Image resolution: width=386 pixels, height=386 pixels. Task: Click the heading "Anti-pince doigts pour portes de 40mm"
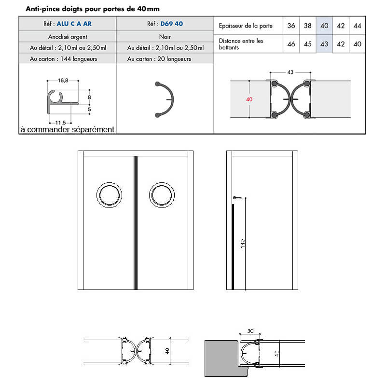point(92,9)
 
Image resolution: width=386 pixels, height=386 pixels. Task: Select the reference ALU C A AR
point(74,24)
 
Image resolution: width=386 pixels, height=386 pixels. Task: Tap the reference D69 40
point(172,24)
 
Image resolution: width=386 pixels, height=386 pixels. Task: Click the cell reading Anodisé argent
point(67,36)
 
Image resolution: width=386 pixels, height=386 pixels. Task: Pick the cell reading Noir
point(165,36)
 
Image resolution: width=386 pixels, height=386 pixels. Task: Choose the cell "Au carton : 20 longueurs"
point(159,59)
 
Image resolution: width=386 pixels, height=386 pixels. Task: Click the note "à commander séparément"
point(67,129)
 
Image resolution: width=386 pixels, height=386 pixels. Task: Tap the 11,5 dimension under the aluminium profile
point(60,123)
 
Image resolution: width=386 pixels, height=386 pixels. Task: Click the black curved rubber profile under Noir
point(166,100)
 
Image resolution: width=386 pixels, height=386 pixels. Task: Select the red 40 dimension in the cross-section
point(249,99)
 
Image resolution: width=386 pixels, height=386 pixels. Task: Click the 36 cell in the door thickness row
point(291,26)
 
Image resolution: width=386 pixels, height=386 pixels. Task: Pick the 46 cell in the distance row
point(291,44)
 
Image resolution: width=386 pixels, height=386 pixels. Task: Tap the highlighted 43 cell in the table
point(324,44)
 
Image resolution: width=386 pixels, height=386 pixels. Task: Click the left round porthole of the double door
point(109,195)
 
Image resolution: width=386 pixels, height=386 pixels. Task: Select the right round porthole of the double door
point(161,195)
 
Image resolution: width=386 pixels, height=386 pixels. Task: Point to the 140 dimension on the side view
point(243,244)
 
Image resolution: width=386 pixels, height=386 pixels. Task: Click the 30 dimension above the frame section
point(250,331)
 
